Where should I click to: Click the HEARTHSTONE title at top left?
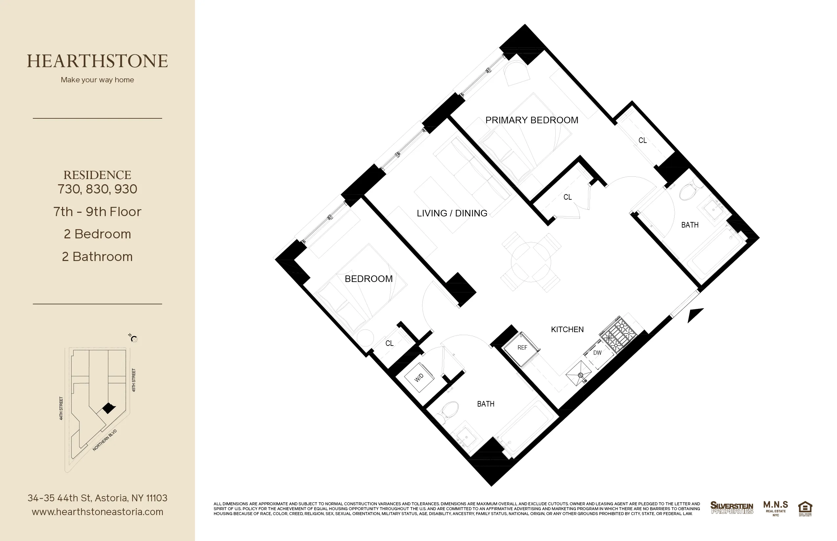(97, 61)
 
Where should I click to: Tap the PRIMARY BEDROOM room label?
(531, 120)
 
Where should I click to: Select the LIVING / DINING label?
(452, 213)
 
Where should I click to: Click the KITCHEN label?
(567, 330)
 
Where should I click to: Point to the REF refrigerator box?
(522, 348)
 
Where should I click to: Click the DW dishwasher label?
(597, 353)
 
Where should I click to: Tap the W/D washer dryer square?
(419, 378)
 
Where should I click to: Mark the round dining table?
(531, 263)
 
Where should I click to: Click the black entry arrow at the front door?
(695, 315)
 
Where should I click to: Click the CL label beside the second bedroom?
(389, 343)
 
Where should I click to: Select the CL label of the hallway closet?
(567, 197)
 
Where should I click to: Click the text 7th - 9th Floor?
(97, 212)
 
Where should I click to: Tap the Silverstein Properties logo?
(732, 508)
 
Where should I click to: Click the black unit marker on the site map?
(108, 408)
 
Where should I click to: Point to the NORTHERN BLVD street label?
(104, 440)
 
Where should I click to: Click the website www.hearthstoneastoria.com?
(97, 512)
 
